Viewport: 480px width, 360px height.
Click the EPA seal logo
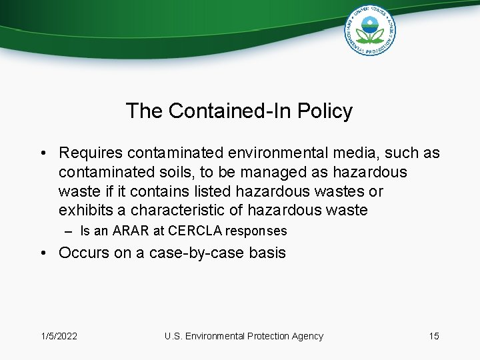370,31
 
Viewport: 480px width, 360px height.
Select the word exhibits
83,211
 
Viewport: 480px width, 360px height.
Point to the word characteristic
170,211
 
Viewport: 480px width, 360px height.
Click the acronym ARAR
131,231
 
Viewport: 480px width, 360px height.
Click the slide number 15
434,336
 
